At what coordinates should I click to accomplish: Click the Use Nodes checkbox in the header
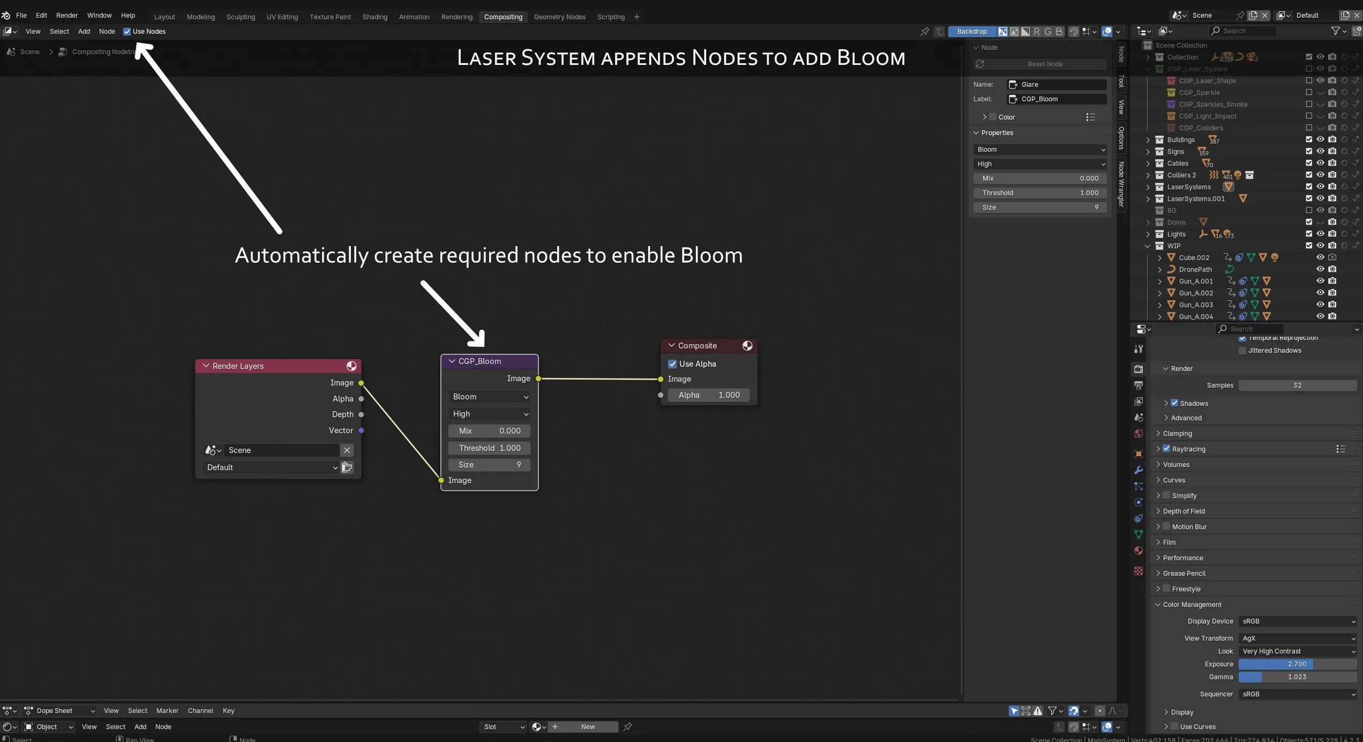pyautogui.click(x=127, y=32)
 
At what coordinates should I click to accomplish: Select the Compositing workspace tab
pyautogui.click(x=503, y=17)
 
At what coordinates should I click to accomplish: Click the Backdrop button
pyautogui.click(x=971, y=32)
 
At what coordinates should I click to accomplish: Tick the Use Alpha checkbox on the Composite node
pyautogui.click(x=672, y=364)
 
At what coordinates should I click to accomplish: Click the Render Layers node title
pyautogui.click(x=238, y=366)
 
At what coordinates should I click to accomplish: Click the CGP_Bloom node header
pyautogui.click(x=480, y=361)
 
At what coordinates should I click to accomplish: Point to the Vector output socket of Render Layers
pyautogui.click(x=361, y=431)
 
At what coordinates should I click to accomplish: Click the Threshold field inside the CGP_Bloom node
pyautogui.click(x=489, y=448)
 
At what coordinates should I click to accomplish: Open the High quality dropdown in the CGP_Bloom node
pyautogui.click(x=489, y=414)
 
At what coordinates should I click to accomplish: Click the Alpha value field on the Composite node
pyautogui.click(x=708, y=395)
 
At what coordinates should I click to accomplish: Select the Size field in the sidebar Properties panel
pyautogui.click(x=1039, y=207)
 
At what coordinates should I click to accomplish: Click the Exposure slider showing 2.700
pyautogui.click(x=1297, y=664)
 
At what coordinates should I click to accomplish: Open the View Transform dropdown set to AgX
pyautogui.click(x=1297, y=639)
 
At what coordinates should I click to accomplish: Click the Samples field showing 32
pyautogui.click(x=1297, y=385)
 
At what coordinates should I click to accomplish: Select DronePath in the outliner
pyautogui.click(x=1195, y=270)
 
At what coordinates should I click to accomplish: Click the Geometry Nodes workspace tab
pyautogui.click(x=559, y=17)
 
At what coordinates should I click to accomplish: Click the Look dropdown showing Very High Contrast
pyautogui.click(x=1297, y=651)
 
